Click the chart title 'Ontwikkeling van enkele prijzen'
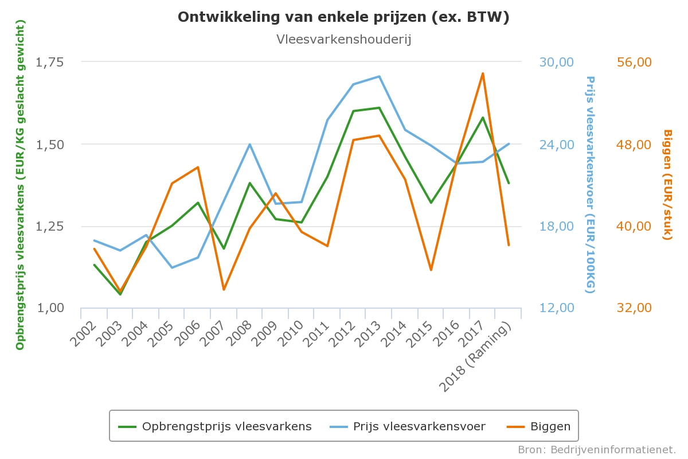tap(343, 17)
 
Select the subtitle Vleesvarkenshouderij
tap(343, 40)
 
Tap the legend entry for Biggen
tap(550, 426)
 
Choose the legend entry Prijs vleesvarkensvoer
tap(419, 426)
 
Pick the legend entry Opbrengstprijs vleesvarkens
tap(226, 426)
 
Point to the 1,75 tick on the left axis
tap(50, 62)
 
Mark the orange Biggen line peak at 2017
tap(483, 73)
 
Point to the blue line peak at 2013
tap(379, 76)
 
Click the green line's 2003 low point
tap(120, 294)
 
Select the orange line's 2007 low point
tap(224, 289)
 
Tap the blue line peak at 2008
tap(249, 144)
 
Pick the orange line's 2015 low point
tap(431, 270)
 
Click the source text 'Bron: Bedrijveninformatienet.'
tap(597, 449)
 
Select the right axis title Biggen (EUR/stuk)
tap(667, 185)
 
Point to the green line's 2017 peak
tap(483, 118)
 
